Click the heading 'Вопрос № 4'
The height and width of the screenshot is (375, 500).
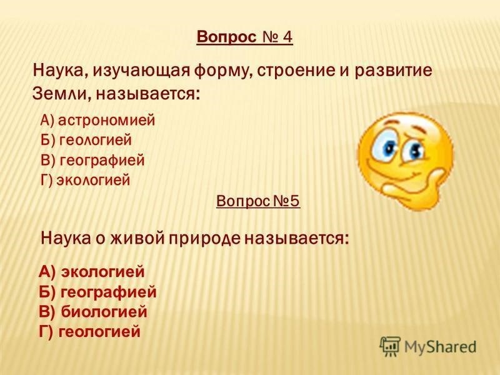tap(244, 37)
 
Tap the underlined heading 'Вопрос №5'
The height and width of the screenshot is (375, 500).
tap(258, 201)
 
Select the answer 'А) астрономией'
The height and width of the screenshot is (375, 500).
tap(97, 120)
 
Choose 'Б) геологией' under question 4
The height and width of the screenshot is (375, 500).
tap(86, 140)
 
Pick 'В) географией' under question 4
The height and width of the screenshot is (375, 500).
tap(92, 160)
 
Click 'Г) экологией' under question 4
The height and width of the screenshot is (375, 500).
tap(86, 180)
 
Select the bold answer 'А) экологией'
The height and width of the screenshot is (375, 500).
tap(91, 272)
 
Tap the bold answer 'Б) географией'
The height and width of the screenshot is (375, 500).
tap(97, 292)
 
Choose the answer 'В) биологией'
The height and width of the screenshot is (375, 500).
tap(93, 311)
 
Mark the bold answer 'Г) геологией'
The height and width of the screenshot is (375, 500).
tap(89, 331)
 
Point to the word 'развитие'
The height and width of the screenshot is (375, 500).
tap(393, 70)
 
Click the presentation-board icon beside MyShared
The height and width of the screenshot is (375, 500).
tap(389, 346)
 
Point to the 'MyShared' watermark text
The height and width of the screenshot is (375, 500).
tap(440, 347)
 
